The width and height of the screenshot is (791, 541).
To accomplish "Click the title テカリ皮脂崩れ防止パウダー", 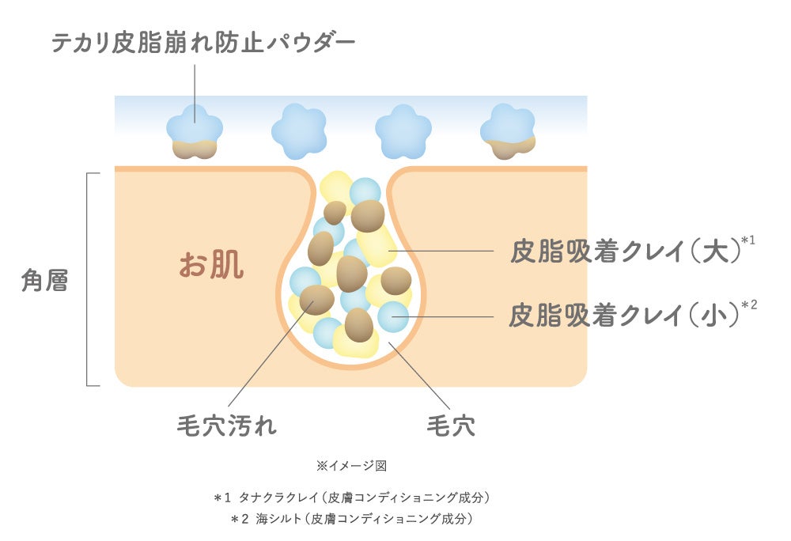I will coord(203,43).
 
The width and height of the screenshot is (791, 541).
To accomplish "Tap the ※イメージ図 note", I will coord(350,466).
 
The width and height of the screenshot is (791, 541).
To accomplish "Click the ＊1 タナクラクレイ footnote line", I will coord(352,498).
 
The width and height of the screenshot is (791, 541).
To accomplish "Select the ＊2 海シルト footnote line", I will coord(352,520).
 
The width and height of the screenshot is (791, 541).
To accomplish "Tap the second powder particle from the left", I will coord(299,130).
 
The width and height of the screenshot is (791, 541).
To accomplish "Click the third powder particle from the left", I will coord(403,130).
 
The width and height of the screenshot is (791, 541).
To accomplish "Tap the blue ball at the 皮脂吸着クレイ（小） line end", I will coord(392,317).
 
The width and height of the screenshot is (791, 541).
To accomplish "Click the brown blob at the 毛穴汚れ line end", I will coord(316,301).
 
